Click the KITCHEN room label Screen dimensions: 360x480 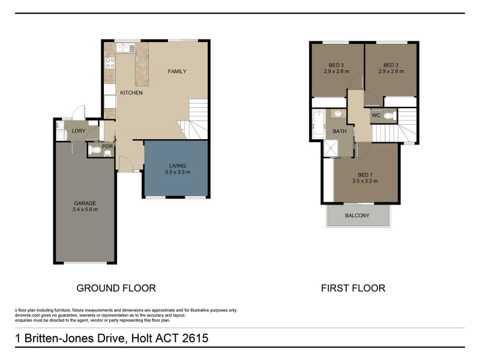pos(131,93)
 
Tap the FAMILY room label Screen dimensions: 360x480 pos(176,71)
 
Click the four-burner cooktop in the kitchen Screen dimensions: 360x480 pos(110,62)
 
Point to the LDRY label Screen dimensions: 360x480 pos(78,130)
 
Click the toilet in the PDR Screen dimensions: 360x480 pos(107,153)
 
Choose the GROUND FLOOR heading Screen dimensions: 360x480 pos(116,289)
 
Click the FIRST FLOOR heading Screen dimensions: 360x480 pos(353,289)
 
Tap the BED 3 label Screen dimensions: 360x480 pos(336,65)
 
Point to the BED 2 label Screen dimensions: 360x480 pos(391,65)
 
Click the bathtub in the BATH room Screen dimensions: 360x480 pos(317,124)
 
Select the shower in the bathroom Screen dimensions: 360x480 pos(331,148)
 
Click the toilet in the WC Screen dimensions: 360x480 pos(388,116)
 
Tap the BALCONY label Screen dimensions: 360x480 pos(358,216)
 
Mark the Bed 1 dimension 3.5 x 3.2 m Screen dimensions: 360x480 pos(365,181)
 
